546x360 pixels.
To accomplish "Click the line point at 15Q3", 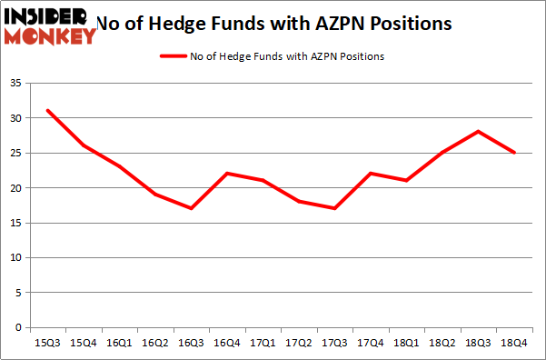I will (x=46, y=111).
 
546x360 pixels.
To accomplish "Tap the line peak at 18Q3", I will (x=476, y=132).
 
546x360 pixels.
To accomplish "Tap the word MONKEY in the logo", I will (x=50, y=36).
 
